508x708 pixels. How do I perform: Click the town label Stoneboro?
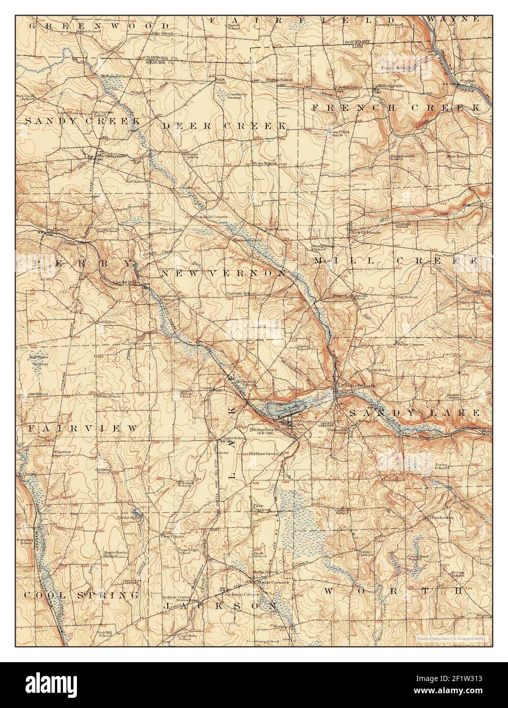(x=261, y=429)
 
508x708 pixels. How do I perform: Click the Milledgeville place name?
(x=390, y=86)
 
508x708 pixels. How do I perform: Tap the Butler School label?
(x=88, y=31)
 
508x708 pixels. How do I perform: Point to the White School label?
(x=109, y=396)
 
